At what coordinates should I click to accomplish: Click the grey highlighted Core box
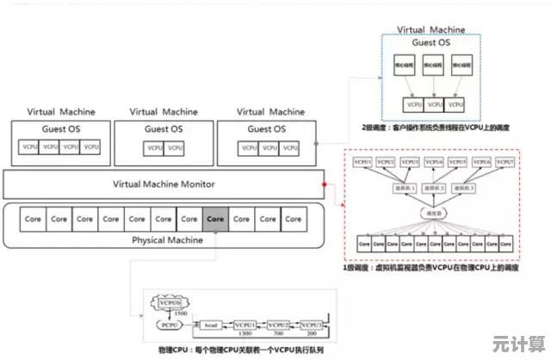pyautogui.click(x=215, y=219)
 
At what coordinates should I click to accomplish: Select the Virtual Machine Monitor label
pyautogui.click(x=164, y=184)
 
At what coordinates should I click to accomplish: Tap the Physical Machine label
pyautogui.click(x=167, y=239)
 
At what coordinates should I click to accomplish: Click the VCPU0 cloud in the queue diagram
pyautogui.click(x=170, y=302)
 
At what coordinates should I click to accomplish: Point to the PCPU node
pyautogui.click(x=170, y=325)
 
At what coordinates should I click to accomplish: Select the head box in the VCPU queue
pyautogui.click(x=211, y=325)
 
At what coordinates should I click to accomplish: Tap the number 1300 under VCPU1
pyautogui.click(x=244, y=332)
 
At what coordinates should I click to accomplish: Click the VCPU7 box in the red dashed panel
pyautogui.click(x=505, y=162)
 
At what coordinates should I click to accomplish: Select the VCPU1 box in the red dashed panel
pyautogui.click(x=362, y=162)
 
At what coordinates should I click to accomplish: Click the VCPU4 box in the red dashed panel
pyautogui.click(x=433, y=162)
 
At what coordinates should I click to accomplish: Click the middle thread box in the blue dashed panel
pyautogui.click(x=433, y=65)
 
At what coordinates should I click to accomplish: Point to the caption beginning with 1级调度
pyautogui.click(x=431, y=268)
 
